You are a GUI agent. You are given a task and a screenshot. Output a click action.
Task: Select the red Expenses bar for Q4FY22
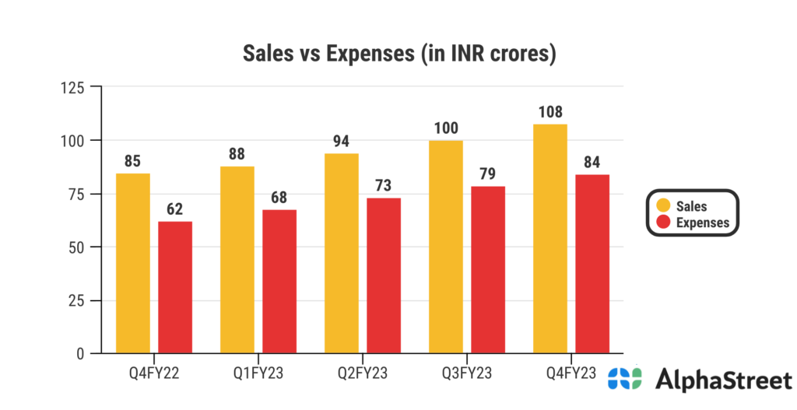tap(175, 287)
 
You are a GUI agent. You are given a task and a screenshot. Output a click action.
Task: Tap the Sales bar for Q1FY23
tap(237, 260)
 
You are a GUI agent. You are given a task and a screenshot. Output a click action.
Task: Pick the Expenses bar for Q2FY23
tap(384, 275)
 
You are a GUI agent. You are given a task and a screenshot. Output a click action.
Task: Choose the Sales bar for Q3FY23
tap(446, 247)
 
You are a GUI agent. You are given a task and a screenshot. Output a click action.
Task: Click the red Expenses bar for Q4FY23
tap(592, 264)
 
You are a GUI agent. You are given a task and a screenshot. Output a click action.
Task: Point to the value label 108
tap(549, 112)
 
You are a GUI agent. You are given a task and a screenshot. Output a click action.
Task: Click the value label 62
tap(175, 210)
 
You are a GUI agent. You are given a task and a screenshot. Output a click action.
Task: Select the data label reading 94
tap(341, 142)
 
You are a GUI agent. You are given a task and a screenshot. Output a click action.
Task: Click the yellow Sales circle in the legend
tap(663, 205)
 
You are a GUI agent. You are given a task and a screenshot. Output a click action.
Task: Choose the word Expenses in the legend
tap(703, 223)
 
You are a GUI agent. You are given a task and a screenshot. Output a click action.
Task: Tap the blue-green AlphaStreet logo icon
tap(625, 379)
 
